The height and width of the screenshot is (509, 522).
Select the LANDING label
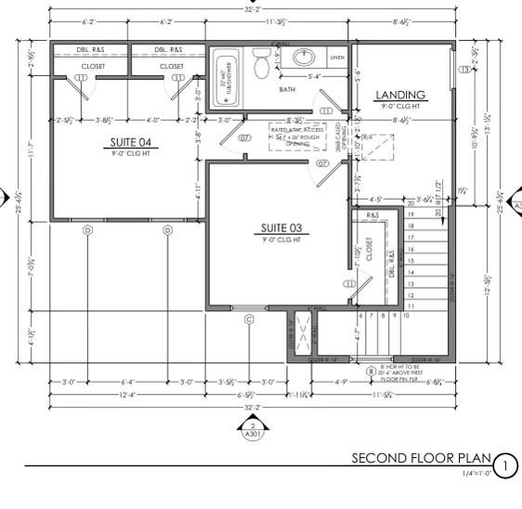pos(401,95)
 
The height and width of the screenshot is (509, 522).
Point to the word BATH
pos(287,89)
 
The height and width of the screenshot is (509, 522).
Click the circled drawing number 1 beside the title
pos(504,464)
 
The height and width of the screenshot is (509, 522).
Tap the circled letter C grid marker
pos(249,320)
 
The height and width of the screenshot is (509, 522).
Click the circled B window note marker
pos(372,372)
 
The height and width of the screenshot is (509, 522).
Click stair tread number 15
pos(411,259)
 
